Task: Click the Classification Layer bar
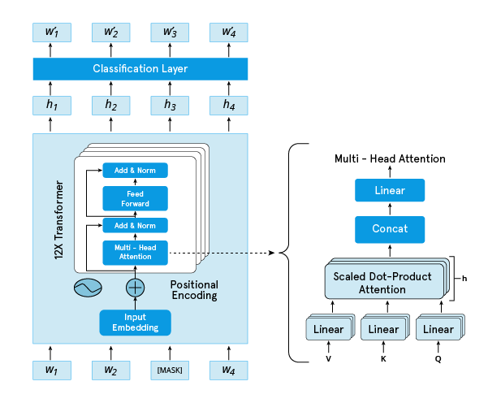(140, 69)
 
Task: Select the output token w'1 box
(52, 32)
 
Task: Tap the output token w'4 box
(229, 32)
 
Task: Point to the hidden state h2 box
(111, 105)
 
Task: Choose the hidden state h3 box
(170, 105)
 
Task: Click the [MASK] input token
(170, 370)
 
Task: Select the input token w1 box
(52, 370)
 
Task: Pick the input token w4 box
(229, 370)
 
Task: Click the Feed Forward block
(135, 198)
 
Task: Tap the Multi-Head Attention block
(135, 252)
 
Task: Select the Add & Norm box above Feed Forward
(135, 170)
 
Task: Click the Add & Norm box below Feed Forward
(135, 225)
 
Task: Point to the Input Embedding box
(135, 322)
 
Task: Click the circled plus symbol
(135, 288)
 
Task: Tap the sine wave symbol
(87, 288)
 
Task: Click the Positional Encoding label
(194, 290)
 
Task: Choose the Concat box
(390, 229)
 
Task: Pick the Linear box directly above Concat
(390, 191)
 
